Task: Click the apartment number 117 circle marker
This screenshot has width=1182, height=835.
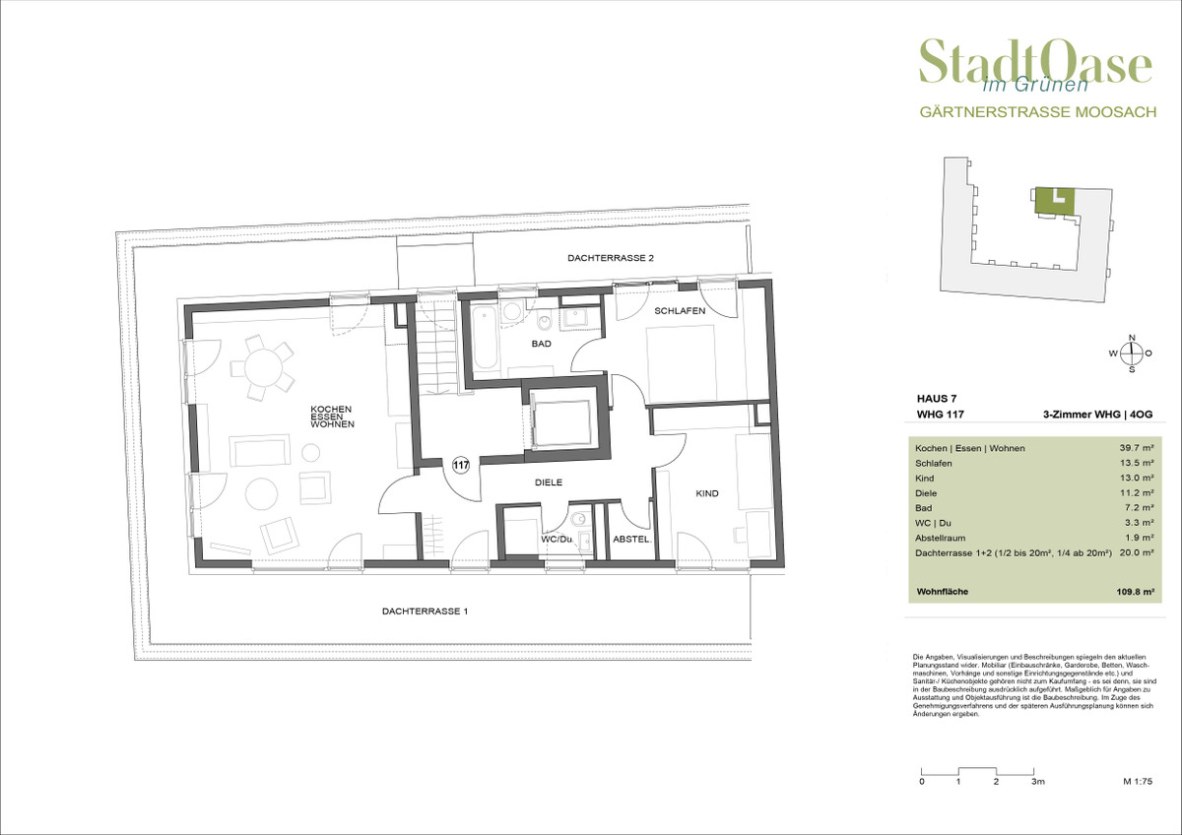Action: pos(461,465)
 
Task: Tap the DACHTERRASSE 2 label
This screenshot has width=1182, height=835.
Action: pos(611,258)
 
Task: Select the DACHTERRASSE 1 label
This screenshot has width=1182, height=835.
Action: pos(425,611)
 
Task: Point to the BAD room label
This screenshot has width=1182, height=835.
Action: pos(542,344)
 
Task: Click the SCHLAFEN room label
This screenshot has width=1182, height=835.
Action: pos(680,311)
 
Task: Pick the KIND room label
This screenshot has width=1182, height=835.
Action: pos(707,493)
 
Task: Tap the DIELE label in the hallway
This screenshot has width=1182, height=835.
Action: pos(549,482)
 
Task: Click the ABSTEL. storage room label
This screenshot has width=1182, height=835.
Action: pos(631,540)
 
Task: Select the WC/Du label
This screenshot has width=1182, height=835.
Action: pos(557,540)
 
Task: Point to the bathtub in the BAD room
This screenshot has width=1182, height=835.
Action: pos(485,338)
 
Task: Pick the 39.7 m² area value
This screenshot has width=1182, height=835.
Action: pos(1137,448)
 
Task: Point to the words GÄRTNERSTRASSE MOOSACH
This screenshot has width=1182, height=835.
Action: pos(1038,112)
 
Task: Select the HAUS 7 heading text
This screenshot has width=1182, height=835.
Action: pos(937,399)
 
